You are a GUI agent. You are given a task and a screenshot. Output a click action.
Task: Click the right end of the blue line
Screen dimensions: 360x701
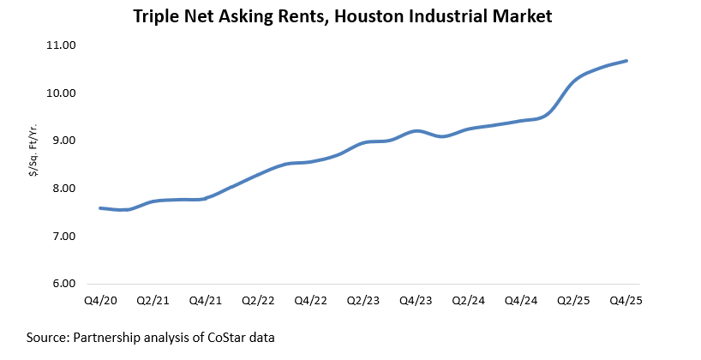[627, 61]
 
